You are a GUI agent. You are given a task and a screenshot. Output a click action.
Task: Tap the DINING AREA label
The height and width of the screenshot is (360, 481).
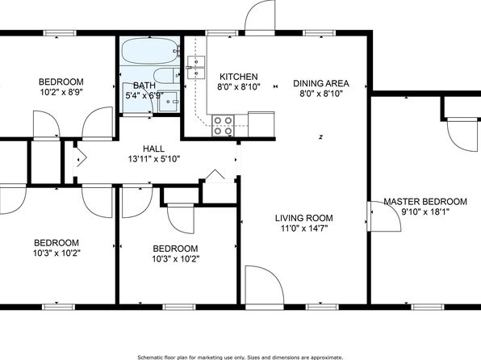click(x=321, y=83)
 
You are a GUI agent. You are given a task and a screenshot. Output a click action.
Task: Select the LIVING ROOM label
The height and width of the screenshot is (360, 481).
click(x=303, y=218)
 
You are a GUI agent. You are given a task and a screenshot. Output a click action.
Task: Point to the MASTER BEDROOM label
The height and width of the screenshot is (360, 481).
click(x=425, y=202)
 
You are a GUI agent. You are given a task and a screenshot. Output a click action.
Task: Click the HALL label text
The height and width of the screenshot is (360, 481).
click(x=153, y=149)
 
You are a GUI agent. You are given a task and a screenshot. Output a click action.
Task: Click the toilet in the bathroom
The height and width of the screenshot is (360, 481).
click(x=166, y=75)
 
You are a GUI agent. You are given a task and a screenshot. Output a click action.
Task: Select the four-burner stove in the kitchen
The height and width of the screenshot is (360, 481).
click(x=223, y=126)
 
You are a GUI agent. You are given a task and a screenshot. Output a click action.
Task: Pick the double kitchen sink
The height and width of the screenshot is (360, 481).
click(x=196, y=68)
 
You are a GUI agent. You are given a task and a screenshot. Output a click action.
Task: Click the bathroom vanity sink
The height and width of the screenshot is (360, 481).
click(x=168, y=102)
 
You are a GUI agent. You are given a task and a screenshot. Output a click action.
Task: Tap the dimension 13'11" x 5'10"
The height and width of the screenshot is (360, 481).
click(x=153, y=159)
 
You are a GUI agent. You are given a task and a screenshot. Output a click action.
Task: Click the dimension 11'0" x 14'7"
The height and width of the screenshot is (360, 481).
click(x=304, y=228)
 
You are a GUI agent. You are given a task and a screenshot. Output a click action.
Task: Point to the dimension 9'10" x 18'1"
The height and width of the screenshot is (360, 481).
click(x=425, y=211)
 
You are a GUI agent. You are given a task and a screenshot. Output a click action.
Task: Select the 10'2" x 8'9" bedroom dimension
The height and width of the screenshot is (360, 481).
click(x=61, y=92)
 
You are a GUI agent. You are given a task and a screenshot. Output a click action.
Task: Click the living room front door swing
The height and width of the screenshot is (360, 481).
click(x=265, y=285)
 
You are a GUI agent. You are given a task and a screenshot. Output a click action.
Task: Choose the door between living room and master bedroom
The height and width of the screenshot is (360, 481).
click(x=384, y=216)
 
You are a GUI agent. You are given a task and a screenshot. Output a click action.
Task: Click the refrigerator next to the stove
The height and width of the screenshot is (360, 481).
click(x=261, y=124)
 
